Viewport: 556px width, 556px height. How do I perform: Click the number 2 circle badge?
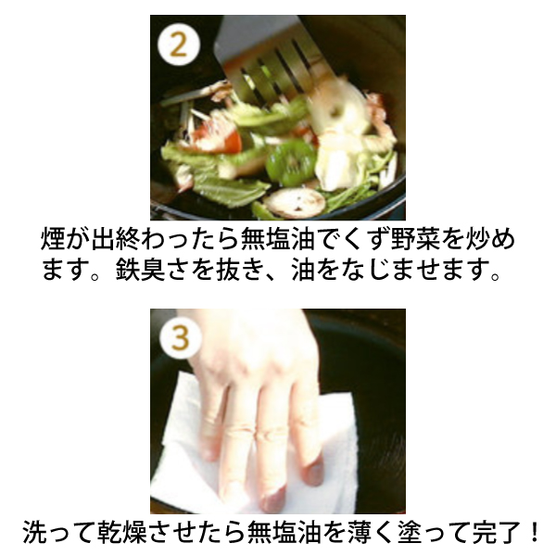pyautogui.click(x=178, y=45)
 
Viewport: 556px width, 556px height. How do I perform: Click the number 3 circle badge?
pyautogui.click(x=181, y=337)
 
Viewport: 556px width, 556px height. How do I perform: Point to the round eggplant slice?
pyautogui.click(x=295, y=203)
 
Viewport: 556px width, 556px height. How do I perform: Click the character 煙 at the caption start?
pyautogui.click(x=53, y=238)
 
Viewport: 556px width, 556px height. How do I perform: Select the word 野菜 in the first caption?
pyautogui.click(x=414, y=238)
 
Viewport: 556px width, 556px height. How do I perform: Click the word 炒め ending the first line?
pyautogui.click(x=490, y=238)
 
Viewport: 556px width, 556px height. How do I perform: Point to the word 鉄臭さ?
pyautogui.click(x=153, y=270)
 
